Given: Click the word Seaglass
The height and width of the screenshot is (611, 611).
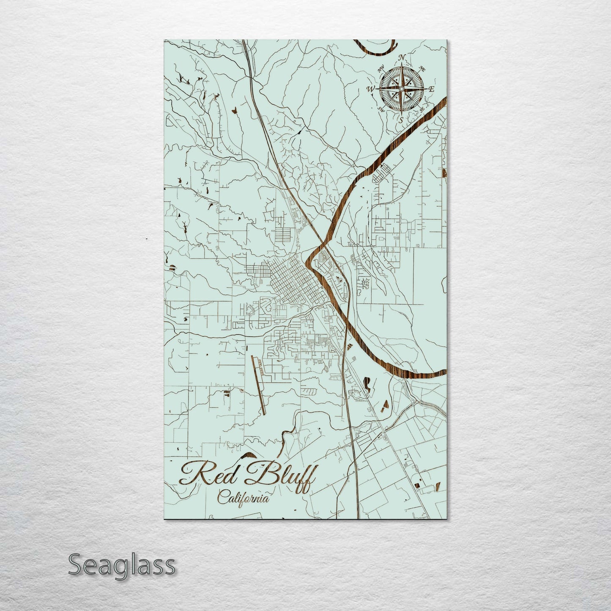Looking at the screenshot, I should click(x=121, y=564).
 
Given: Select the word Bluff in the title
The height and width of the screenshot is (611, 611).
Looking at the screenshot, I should click(x=281, y=477).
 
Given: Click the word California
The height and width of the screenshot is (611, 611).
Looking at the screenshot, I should click(x=243, y=498).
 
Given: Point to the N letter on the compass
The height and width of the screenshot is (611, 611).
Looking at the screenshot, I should click(x=403, y=58).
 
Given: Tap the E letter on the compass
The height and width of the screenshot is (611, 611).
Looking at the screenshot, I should click(x=432, y=89).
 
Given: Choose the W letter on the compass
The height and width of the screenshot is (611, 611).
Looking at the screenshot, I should click(x=371, y=89).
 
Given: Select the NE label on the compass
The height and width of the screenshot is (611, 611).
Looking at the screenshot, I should click(x=422, y=68).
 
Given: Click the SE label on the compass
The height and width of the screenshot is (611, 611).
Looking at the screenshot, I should click(x=422, y=110).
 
